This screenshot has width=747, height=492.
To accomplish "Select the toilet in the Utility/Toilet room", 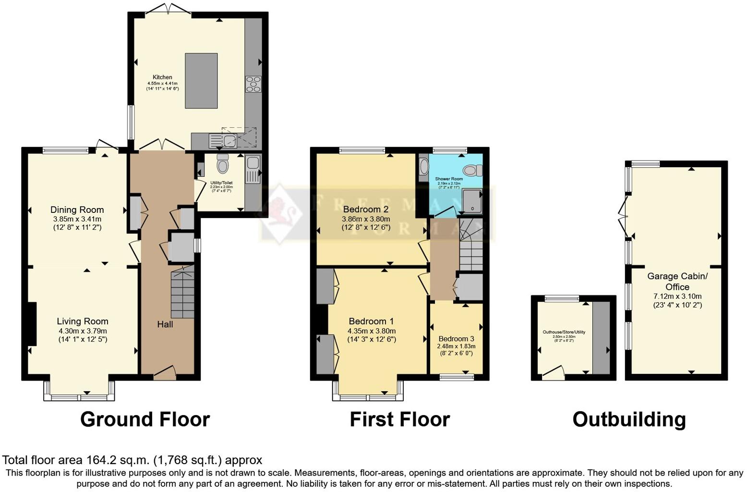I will (x=222, y=164).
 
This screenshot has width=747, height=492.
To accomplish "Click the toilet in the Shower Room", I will (x=473, y=170).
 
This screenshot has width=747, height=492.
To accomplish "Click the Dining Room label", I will (x=77, y=209).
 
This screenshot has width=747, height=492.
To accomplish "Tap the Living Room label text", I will (x=83, y=321).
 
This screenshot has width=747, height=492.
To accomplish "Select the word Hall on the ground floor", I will (x=165, y=324).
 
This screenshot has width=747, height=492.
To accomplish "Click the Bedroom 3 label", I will (x=456, y=339).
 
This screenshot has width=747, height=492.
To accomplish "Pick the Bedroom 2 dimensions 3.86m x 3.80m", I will (x=365, y=219).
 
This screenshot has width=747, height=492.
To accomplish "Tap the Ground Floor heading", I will (x=145, y=419).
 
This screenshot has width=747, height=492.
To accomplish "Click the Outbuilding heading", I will (x=629, y=419).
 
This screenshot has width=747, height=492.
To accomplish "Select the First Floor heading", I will (x=399, y=419).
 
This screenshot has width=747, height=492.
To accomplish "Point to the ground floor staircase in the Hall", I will (x=182, y=293).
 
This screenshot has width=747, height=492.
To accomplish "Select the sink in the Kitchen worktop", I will (x=229, y=141).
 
